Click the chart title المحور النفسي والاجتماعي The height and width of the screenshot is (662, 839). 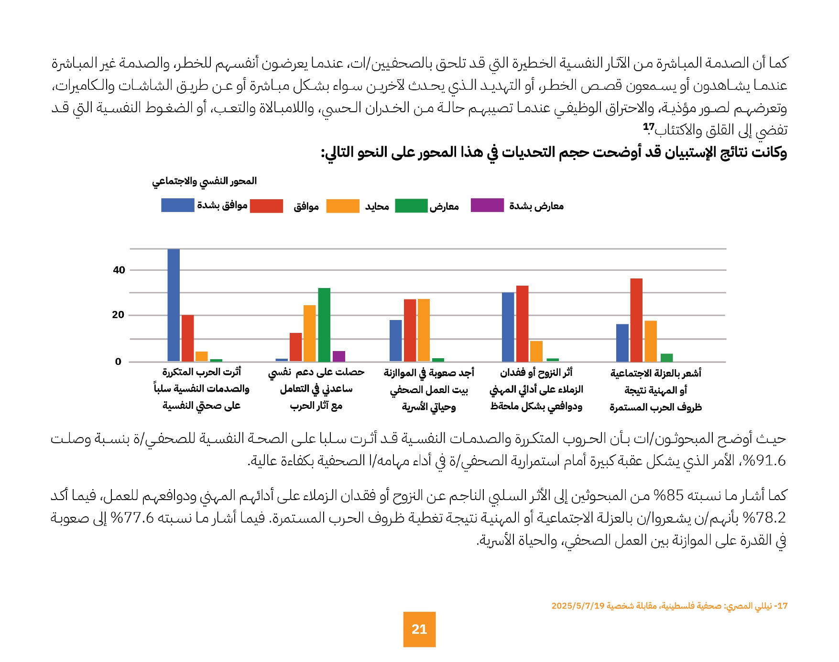(x=205, y=181)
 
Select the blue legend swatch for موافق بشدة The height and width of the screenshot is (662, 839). (x=177, y=205)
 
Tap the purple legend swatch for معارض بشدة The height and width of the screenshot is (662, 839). (x=487, y=205)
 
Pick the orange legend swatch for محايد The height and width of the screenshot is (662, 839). (x=343, y=206)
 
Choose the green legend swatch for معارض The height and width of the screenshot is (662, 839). (x=411, y=206)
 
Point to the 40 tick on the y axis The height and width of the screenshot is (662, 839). (x=119, y=270)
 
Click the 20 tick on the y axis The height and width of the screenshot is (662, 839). (x=118, y=315)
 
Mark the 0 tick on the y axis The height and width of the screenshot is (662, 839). (x=118, y=362)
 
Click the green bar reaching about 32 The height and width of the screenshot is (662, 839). (x=324, y=325)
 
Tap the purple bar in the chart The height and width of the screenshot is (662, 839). (x=339, y=356)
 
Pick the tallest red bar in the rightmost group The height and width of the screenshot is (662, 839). (x=636, y=320)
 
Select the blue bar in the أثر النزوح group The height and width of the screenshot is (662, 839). (x=508, y=327)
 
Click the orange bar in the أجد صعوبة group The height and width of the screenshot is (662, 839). (x=424, y=330)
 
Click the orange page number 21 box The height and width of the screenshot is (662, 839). (x=419, y=629)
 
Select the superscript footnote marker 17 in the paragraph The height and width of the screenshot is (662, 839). (x=649, y=127)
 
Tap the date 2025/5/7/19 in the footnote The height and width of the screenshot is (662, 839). (x=578, y=606)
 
